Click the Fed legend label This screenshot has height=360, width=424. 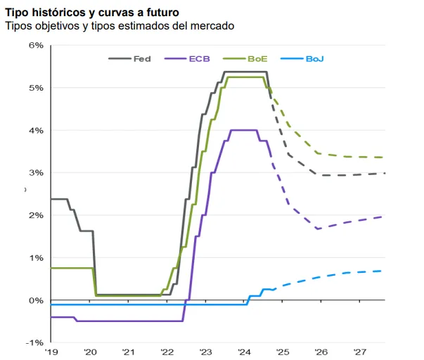142,58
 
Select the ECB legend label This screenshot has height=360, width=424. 199,58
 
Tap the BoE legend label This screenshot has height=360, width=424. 257,58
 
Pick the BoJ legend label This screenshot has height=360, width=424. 314,58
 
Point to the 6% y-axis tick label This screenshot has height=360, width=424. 36,45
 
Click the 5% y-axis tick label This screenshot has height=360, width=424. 36,88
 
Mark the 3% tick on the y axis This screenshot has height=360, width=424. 36,173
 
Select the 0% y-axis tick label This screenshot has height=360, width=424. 36,300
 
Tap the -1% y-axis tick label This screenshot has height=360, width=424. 34,342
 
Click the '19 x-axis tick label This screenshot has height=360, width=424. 51,352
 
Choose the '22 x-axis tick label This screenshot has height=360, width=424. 167,352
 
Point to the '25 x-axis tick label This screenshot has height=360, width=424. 283,352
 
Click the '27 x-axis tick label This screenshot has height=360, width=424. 360,352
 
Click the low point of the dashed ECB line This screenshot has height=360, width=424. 318,229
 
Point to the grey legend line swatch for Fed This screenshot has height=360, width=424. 120,58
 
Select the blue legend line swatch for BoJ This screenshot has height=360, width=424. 292,58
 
